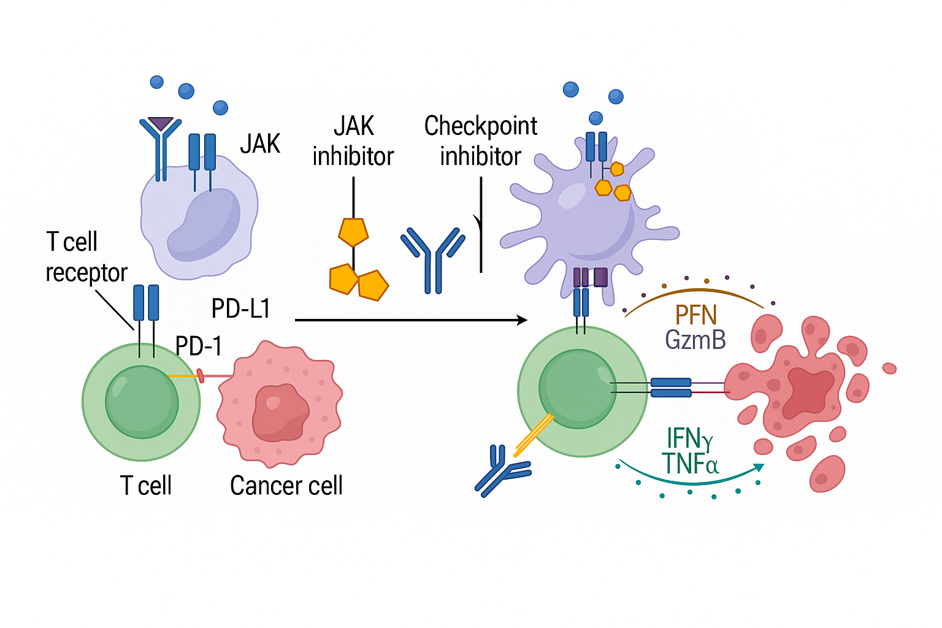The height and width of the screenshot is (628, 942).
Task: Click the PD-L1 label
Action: pyautogui.click(x=240, y=308)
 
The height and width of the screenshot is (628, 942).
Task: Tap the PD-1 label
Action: pyautogui.click(x=198, y=347)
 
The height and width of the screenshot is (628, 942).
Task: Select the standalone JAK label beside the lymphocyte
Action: pyautogui.click(x=260, y=144)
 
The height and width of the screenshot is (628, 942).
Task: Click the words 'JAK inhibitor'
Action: pyautogui.click(x=353, y=141)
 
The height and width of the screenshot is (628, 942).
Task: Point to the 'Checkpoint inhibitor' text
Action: pyautogui.click(x=480, y=141)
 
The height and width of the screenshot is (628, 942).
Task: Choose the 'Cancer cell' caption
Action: pyautogui.click(x=286, y=486)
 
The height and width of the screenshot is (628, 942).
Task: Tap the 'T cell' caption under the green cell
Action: pyautogui.click(x=146, y=486)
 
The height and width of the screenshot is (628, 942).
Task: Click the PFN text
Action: pyautogui.click(x=695, y=315)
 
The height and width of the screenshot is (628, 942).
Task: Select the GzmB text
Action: pyautogui.click(x=695, y=340)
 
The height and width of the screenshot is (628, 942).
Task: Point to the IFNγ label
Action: pyautogui.click(x=689, y=439)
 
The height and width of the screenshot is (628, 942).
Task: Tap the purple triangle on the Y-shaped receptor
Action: pyautogui.click(x=161, y=123)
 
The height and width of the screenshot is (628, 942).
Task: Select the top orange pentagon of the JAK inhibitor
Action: pyautogui.click(x=353, y=232)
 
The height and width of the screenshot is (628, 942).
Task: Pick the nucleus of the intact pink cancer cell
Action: pyautogui.click(x=280, y=412)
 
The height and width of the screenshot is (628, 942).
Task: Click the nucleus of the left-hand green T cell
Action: pyautogui.click(x=142, y=402)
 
